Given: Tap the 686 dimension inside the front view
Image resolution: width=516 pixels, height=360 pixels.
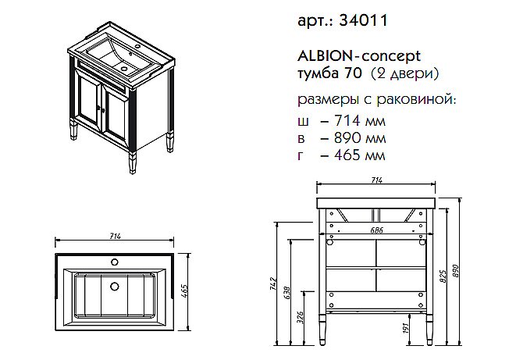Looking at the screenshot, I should click(378, 230).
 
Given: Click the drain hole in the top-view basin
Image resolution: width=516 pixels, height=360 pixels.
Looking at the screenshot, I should click(115, 285).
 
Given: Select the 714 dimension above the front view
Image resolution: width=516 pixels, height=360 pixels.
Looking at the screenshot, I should click(376, 180).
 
